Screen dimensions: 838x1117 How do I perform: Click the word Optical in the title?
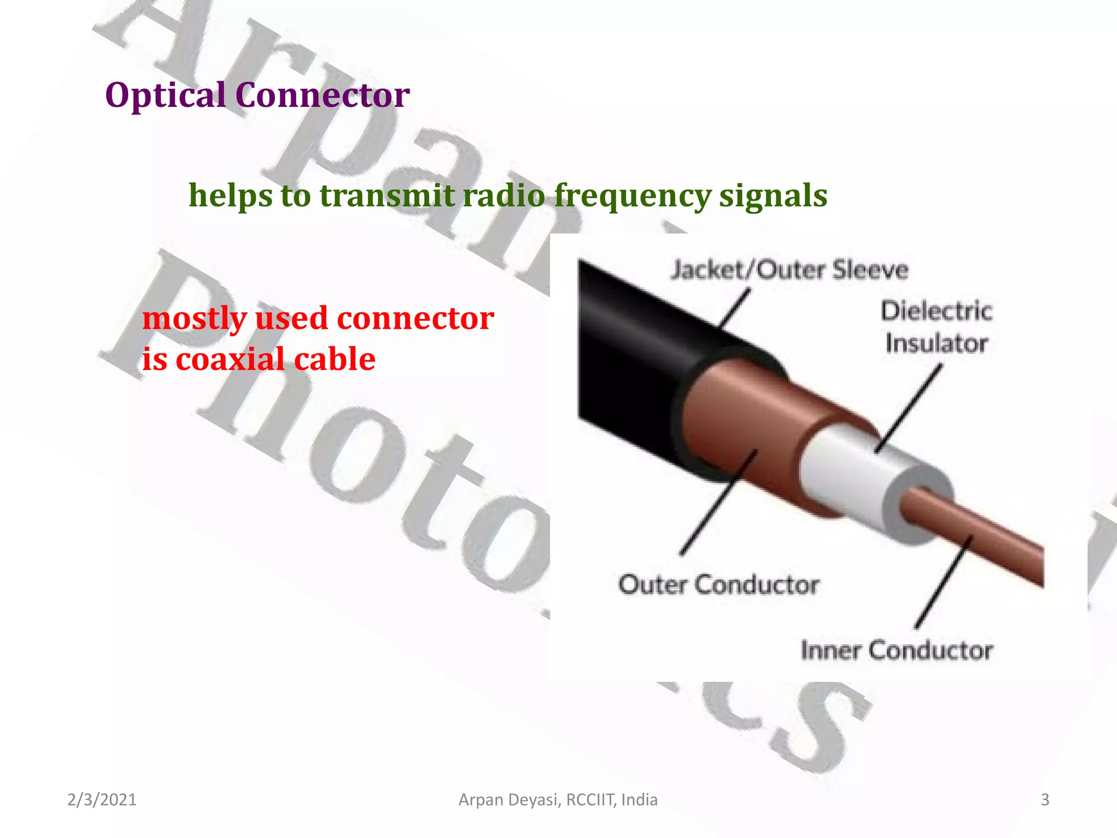[165, 95]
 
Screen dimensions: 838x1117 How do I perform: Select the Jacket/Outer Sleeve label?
[789, 270]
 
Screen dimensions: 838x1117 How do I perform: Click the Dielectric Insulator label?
[936, 327]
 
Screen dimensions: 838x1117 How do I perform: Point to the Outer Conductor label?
[718, 585]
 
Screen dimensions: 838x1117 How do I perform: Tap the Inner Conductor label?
[897, 650]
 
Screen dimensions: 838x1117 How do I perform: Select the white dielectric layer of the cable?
[840, 469]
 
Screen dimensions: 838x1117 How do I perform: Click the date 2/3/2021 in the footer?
[101, 800]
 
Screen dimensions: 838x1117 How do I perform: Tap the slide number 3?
[1045, 800]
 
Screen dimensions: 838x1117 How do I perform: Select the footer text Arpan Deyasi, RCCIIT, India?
[558, 800]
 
